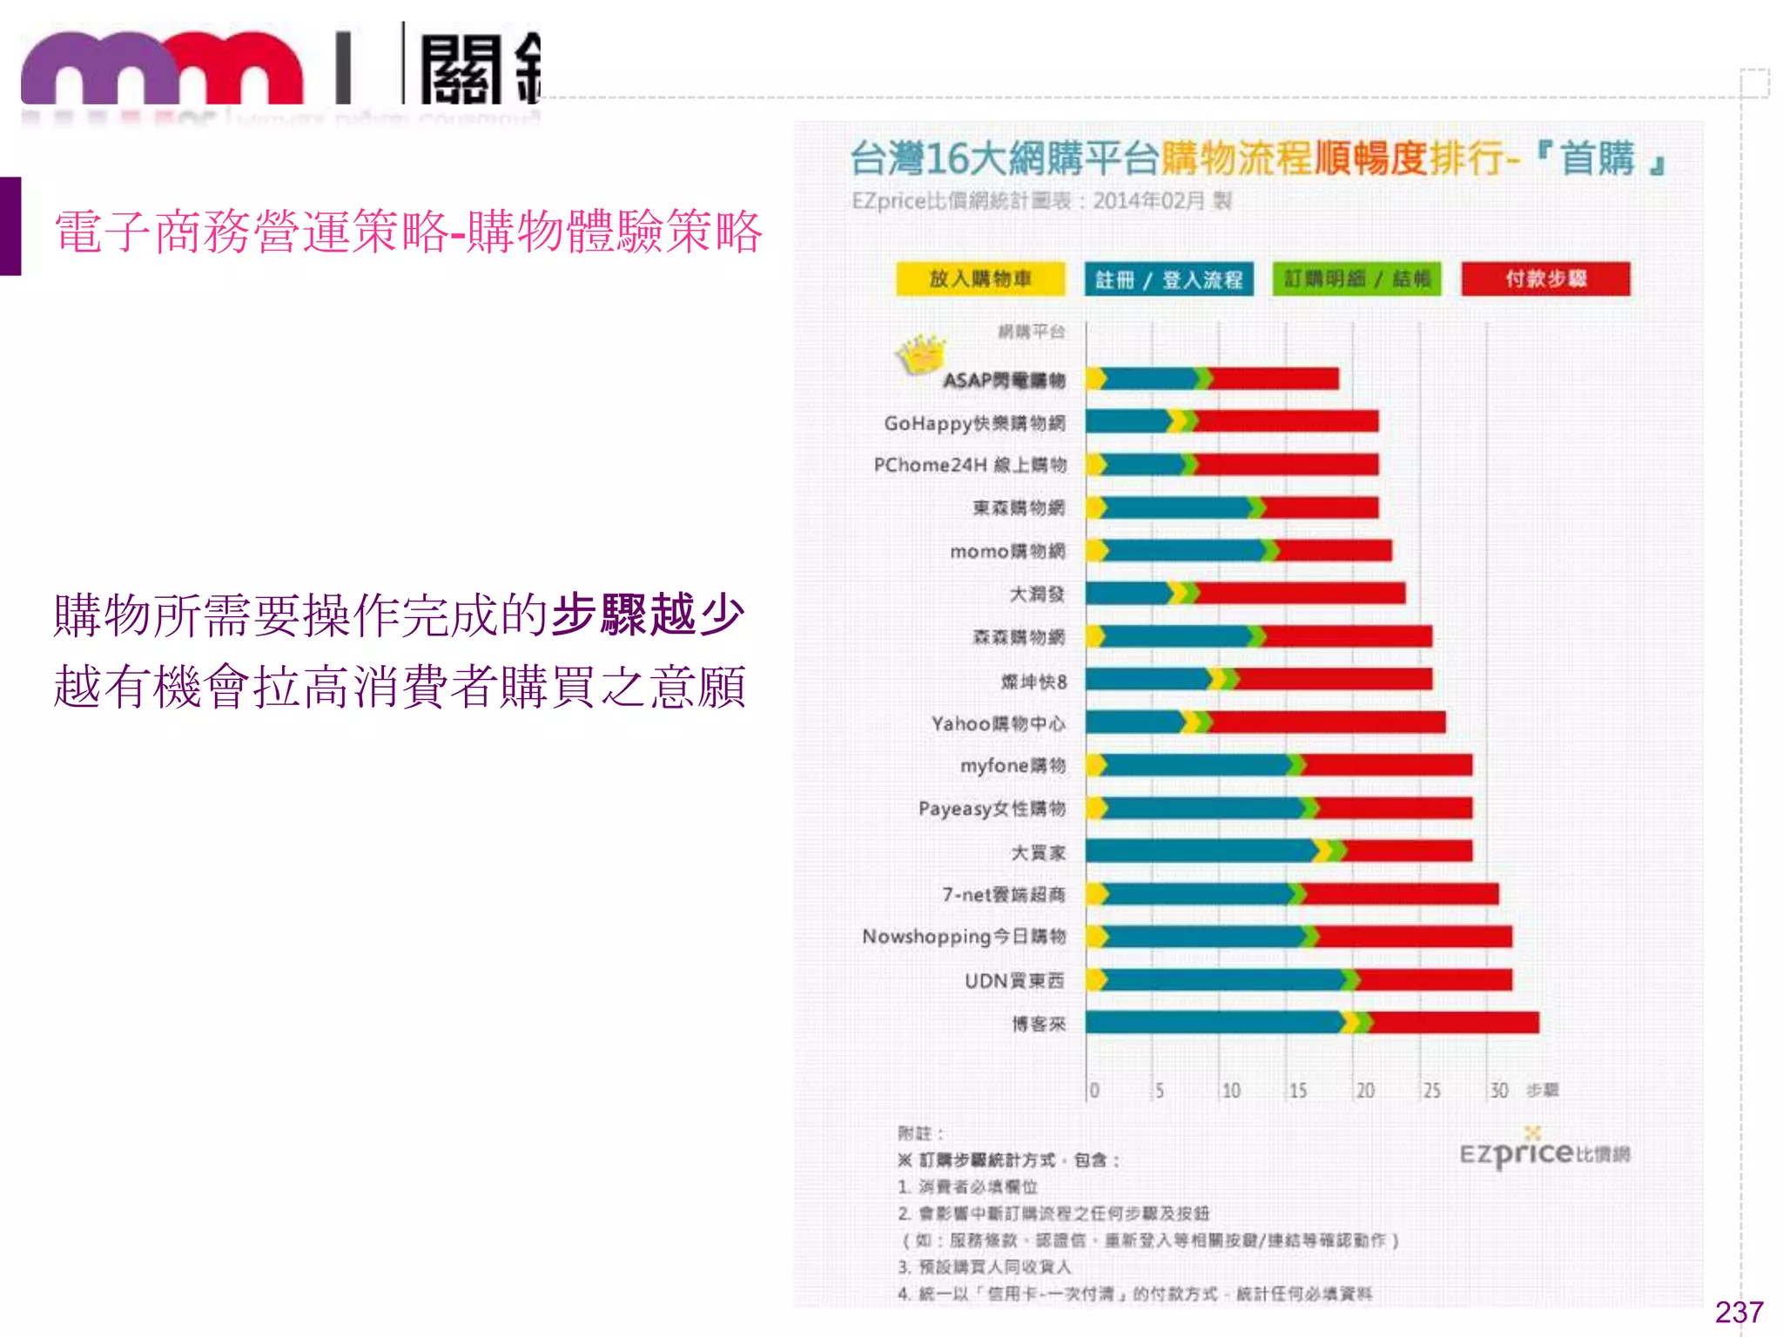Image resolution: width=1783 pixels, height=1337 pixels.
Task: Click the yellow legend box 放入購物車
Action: point(980,279)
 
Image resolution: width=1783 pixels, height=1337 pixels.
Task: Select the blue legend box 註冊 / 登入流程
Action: point(1168,279)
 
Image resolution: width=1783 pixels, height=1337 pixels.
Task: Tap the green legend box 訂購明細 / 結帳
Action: point(1356,279)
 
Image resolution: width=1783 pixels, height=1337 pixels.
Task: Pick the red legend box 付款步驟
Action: point(1545,279)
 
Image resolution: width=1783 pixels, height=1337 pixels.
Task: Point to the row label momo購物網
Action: point(1007,551)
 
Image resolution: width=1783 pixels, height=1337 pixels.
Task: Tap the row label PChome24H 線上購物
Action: point(970,465)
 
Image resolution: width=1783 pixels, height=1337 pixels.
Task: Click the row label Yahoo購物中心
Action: point(998,723)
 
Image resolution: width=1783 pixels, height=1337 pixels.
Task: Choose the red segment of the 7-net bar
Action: point(1402,894)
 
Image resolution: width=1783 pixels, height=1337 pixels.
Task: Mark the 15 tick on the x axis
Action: point(1297,1091)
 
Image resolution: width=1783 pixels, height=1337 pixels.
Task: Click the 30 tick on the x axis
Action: point(1498,1091)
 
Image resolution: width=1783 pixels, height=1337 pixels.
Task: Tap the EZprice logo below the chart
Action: point(1544,1153)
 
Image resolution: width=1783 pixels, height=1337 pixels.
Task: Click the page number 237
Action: point(1739,1312)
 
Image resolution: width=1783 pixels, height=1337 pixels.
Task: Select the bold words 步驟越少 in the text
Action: point(649,615)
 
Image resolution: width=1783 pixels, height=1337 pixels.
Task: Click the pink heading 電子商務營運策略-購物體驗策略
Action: point(407,232)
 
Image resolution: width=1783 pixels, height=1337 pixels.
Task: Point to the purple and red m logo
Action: point(162,70)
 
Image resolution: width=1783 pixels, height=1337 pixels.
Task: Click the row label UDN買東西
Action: point(1013,981)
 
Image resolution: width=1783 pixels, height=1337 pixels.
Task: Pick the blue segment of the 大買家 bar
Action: point(1200,850)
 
